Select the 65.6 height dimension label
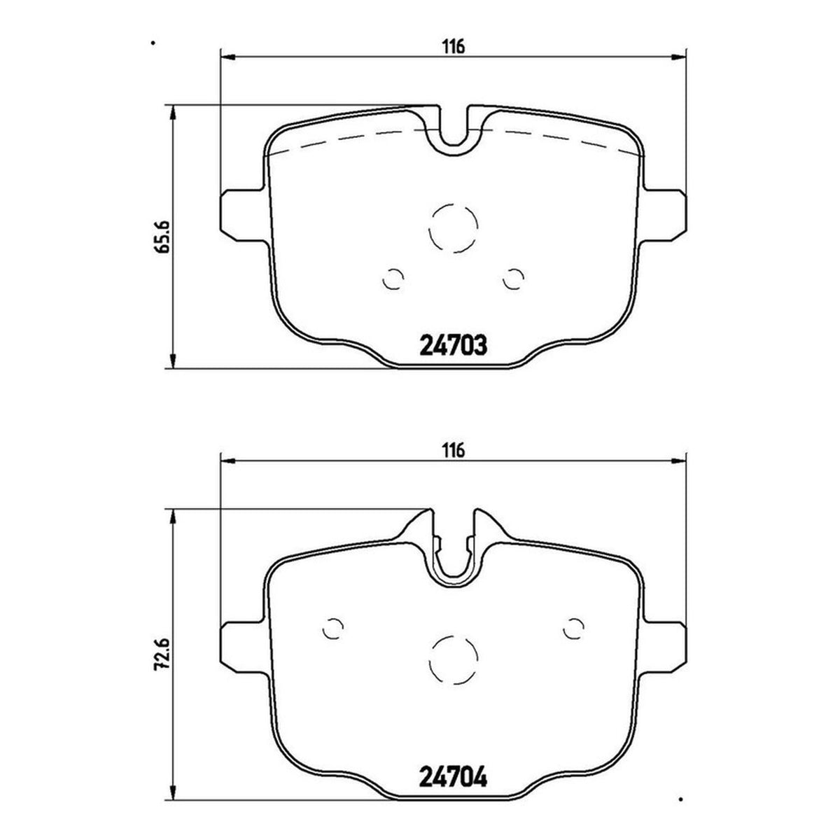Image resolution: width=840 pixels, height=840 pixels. coord(162,237)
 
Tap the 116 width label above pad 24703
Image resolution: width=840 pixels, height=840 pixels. coord(454,46)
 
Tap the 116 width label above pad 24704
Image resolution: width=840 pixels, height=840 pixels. coord(454,450)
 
